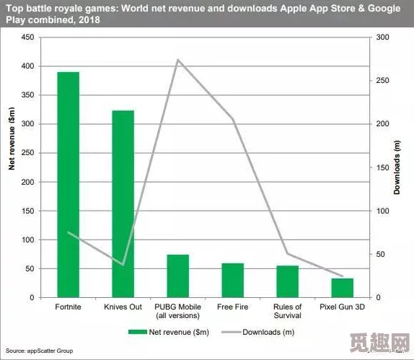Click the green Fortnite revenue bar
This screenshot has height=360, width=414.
[x=69, y=184]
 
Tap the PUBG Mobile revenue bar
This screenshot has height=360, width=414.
[x=178, y=276]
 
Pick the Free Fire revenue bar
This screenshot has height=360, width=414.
[x=233, y=280]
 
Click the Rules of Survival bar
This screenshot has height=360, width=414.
[x=288, y=281]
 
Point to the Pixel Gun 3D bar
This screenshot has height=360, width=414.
[x=343, y=287]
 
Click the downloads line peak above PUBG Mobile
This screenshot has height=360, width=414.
[x=178, y=60]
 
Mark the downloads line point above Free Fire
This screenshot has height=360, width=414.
[x=233, y=119]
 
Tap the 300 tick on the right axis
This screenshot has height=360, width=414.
[x=383, y=37]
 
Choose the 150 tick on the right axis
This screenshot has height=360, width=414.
[x=383, y=167]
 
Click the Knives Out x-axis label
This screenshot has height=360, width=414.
[x=123, y=307]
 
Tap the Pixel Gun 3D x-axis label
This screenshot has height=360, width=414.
[x=343, y=307]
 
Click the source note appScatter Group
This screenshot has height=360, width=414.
[x=40, y=351]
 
